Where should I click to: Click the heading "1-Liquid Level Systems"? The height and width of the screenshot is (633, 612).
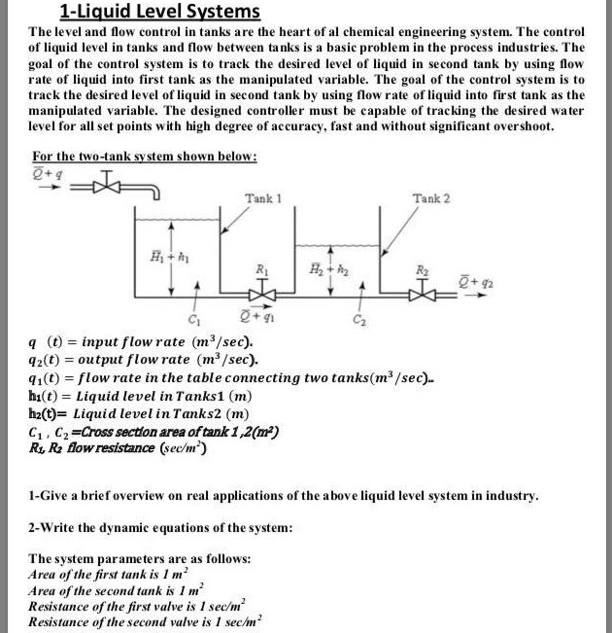[160, 13]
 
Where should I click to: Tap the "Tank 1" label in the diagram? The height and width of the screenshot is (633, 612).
[262, 198]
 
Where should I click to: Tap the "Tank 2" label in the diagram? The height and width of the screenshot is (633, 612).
[431, 198]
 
